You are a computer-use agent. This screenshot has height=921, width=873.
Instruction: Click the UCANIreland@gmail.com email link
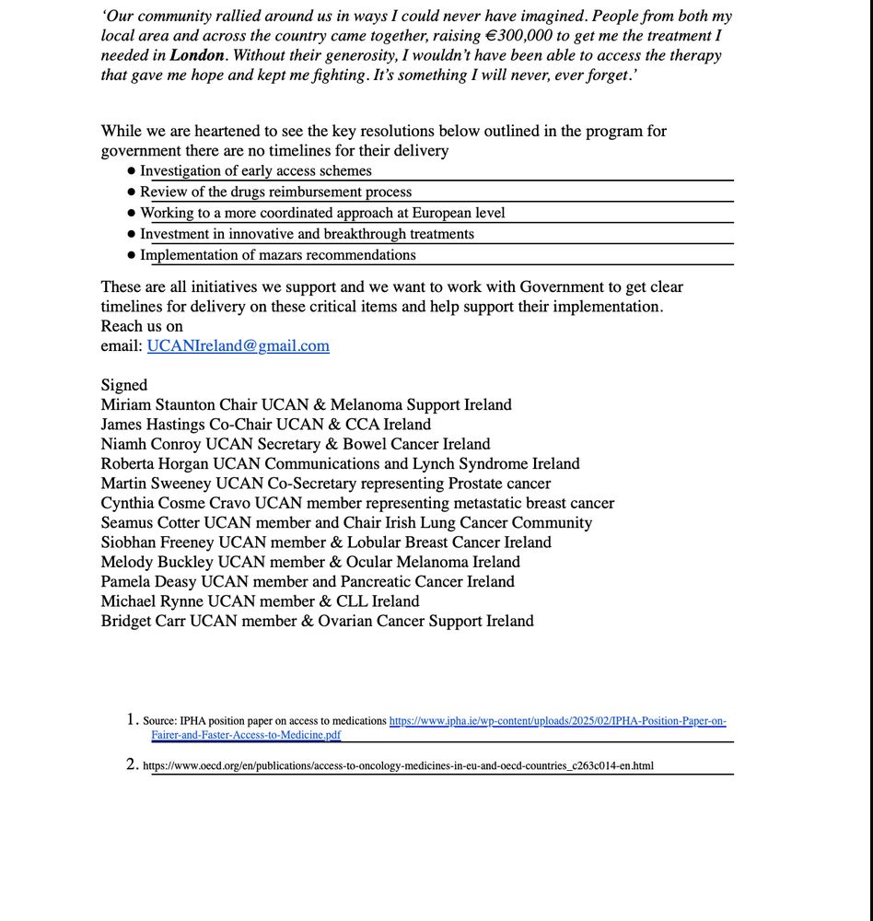pyautogui.click(x=238, y=346)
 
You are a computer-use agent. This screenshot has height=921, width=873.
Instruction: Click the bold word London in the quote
pyautogui.click(x=196, y=55)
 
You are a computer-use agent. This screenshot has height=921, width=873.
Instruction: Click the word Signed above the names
pyautogui.click(x=124, y=385)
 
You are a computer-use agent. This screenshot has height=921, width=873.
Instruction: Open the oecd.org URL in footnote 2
pyautogui.click(x=398, y=765)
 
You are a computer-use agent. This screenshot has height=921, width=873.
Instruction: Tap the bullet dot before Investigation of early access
pyautogui.click(x=132, y=171)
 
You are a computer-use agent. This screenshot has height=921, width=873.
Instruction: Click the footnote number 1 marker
pyautogui.click(x=132, y=719)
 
